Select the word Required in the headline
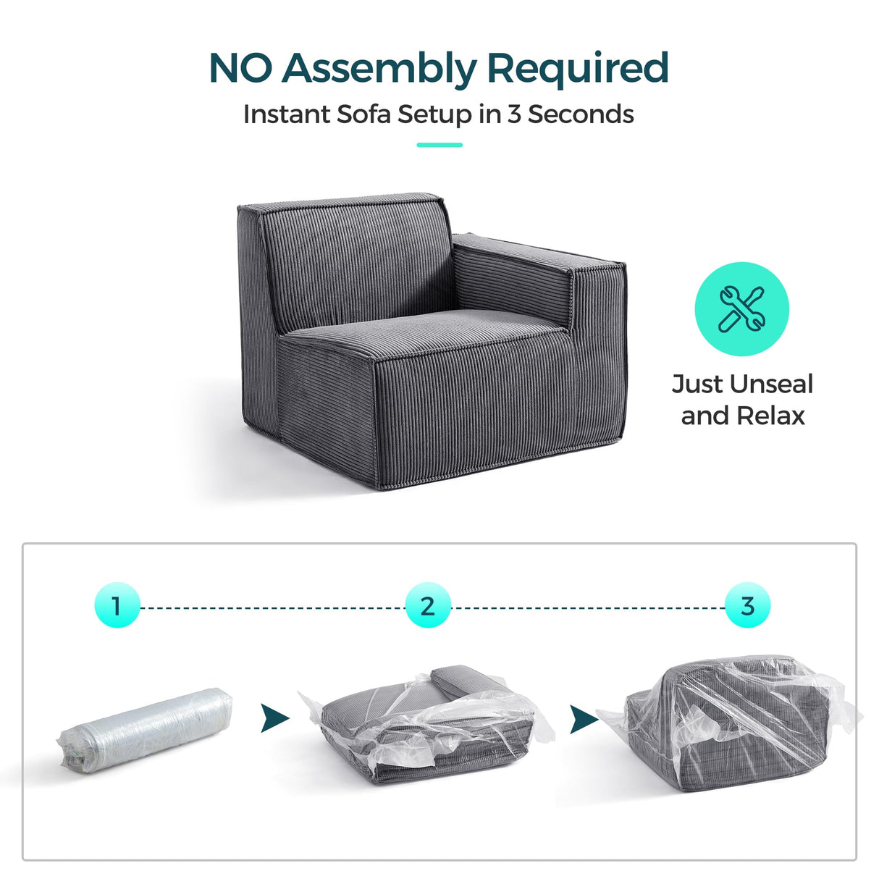577,69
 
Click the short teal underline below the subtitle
440,145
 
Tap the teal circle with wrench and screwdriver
741,309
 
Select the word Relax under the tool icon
770,416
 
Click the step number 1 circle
117,605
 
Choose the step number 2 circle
428,605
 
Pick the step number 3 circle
747,605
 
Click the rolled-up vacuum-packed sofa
145,728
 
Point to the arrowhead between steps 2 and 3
583,719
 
